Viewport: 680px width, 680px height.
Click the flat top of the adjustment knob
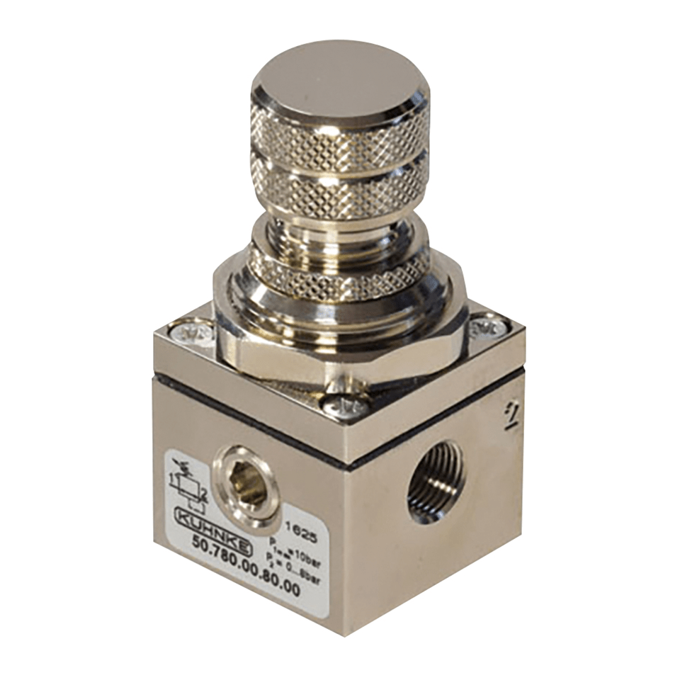(339, 81)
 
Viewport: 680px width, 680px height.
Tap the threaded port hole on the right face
(436, 482)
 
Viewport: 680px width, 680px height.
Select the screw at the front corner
(348, 405)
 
